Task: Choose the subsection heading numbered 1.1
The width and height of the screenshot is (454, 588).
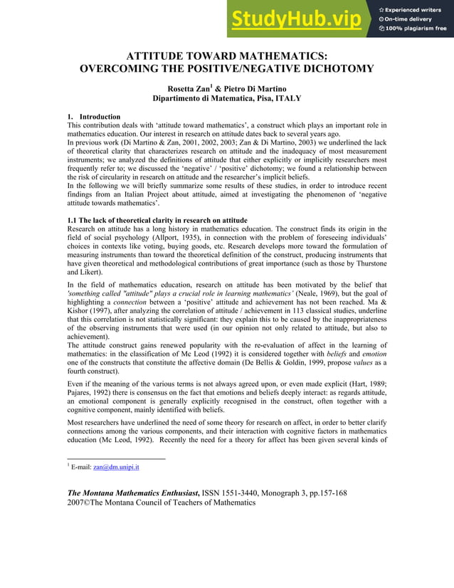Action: click(x=157, y=220)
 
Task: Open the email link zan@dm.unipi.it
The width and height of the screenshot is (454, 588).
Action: click(x=117, y=467)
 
